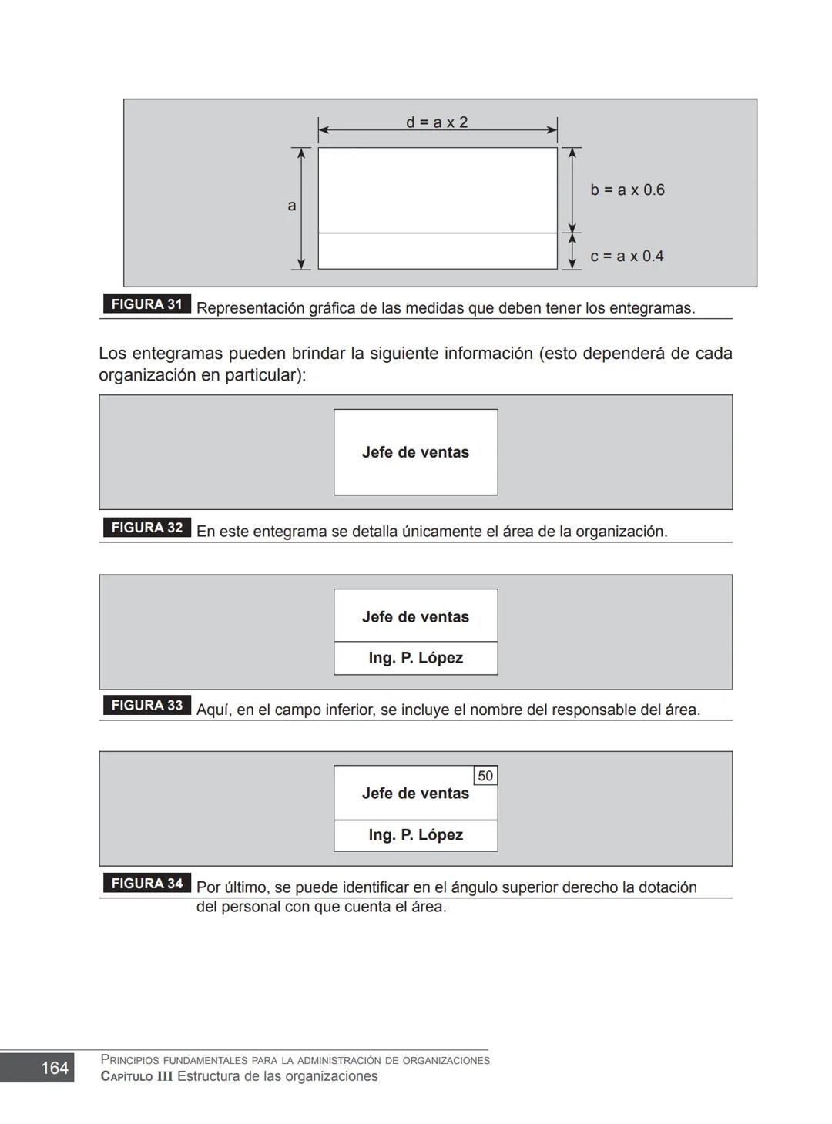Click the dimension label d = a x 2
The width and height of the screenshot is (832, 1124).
tap(437, 122)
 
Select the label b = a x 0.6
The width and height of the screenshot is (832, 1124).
tap(627, 190)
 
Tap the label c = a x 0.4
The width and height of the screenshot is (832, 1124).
tap(626, 256)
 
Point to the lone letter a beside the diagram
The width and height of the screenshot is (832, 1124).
tap(292, 206)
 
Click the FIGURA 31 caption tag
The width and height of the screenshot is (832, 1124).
tap(146, 304)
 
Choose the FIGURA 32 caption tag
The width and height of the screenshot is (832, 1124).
tap(146, 528)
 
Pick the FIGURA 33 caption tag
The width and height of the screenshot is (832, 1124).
tap(146, 706)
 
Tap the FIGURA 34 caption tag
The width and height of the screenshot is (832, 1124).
tap(146, 884)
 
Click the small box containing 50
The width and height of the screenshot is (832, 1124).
tap(485, 776)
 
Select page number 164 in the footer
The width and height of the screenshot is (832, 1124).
tap(55, 1068)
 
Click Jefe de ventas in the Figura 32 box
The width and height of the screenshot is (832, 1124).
tap(415, 452)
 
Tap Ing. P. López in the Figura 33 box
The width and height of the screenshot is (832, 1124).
tap(415, 658)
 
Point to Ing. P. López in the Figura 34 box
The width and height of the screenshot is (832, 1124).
tap(415, 835)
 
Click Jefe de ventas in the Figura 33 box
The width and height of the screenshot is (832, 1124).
tap(415, 617)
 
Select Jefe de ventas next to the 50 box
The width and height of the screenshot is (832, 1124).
tap(415, 794)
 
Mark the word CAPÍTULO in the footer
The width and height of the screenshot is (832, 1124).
tap(136, 1076)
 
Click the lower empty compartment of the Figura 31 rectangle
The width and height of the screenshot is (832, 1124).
tap(437, 251)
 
